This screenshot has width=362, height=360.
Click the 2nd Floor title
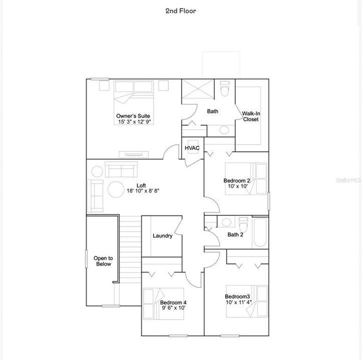(181, 11)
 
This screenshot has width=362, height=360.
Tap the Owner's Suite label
(133, 116)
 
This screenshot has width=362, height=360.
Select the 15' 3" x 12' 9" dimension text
(136, 122)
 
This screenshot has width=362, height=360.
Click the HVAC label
(192, 148)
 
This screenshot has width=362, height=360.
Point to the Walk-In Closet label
(251, 116)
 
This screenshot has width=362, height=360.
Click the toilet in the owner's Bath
(224, 88)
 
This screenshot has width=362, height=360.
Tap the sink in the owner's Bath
(224, 130)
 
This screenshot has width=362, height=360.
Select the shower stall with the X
(198, 89)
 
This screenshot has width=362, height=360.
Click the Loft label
(141, 185)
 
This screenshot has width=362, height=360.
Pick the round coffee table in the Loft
(116, 189)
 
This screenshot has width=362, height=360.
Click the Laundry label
(163, 235)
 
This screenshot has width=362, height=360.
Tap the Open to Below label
(103, 261)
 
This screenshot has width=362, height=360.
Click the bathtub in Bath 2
(260, 232)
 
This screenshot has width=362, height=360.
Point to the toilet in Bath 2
(243, 224)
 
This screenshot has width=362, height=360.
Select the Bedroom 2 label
(237, 180)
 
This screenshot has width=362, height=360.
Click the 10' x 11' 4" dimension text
(238, 302)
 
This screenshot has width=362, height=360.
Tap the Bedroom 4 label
(173, 302)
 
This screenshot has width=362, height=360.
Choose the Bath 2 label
(235, 234)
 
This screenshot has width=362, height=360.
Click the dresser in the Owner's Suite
(134, 154)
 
